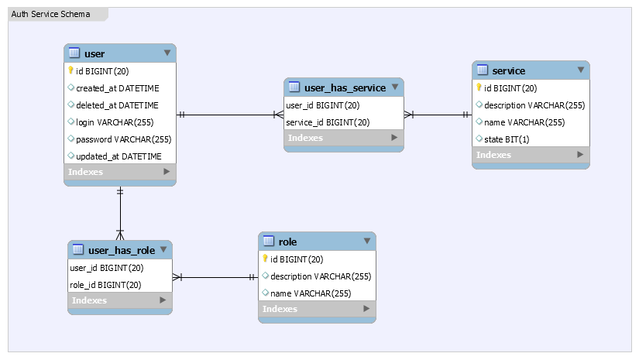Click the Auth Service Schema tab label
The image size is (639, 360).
pyautogui.click(x=50, y=14)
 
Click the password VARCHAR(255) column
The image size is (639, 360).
pyautogui.click(x=123, y=139)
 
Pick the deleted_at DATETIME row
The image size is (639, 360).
pyautogui.click(x=117, y=105)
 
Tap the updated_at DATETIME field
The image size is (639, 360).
pyautogui.click(x=119, y=156)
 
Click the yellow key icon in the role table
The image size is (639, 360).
pyautogui.click(x=265, y=259)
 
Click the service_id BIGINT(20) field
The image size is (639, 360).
pyautogui.click(x=328, y=122)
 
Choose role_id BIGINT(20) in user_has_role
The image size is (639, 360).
pyautogui.click(x=105, y=285)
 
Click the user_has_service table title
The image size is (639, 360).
pyautogui.click(x=345, y=87)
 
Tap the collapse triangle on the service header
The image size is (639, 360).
pyautogui.click(x=580, y=70)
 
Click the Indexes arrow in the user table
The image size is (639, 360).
pyautogui.click(x=166, y=172)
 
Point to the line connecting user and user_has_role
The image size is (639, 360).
pyautogui.click(x=120, y=213)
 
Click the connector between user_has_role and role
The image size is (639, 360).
pyautogui.click(x=215, y=276)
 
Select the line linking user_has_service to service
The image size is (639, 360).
pyautogui.click(x=438, y=115)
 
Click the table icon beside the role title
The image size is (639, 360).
pyautogui.click(x=269, y=242)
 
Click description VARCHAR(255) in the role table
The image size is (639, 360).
pyautogui.click(x=321, y=276)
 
